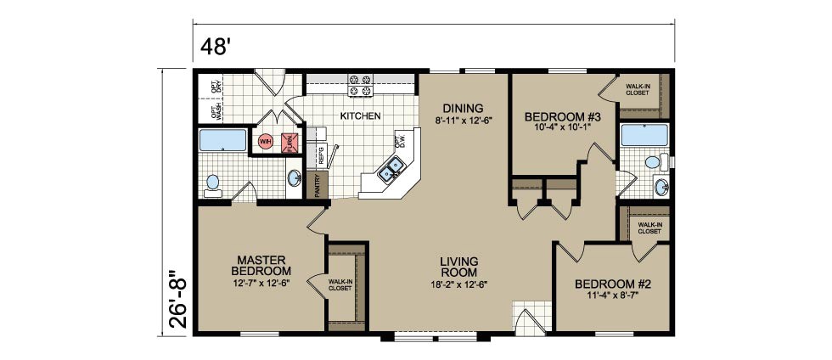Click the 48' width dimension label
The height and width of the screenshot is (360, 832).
pyautogui.click(x=216, y=46)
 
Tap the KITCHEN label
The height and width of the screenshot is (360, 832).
pyautogui.click(x=361, y=115)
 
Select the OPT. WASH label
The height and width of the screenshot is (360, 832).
pyautogui.click(x=217, y=109)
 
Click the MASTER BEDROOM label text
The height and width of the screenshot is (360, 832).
pyautogui.click(x=265, y=264)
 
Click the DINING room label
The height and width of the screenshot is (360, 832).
pyautogui.click(x=464, y=108)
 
